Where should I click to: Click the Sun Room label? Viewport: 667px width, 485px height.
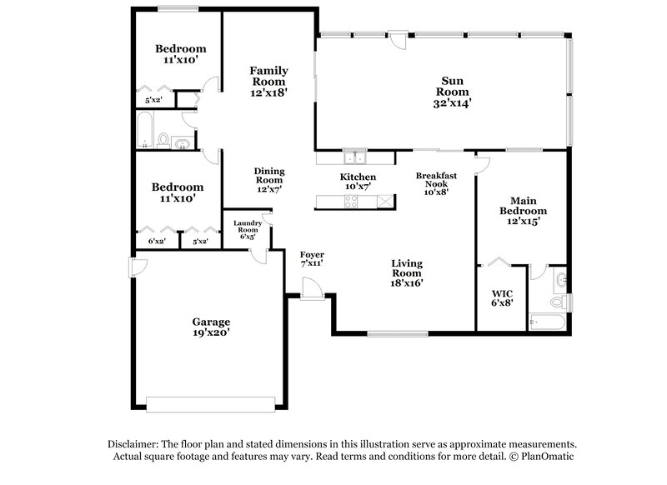456,92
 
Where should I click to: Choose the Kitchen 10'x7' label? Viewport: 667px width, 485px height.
357,182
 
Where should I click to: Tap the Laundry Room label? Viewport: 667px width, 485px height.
248,229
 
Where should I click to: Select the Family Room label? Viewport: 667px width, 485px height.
268,82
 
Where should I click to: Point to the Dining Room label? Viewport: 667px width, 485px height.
268,180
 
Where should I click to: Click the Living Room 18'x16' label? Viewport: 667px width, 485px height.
408,272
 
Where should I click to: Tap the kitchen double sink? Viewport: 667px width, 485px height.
357,157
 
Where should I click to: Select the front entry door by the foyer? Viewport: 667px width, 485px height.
312,288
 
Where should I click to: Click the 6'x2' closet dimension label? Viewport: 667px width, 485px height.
156,242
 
